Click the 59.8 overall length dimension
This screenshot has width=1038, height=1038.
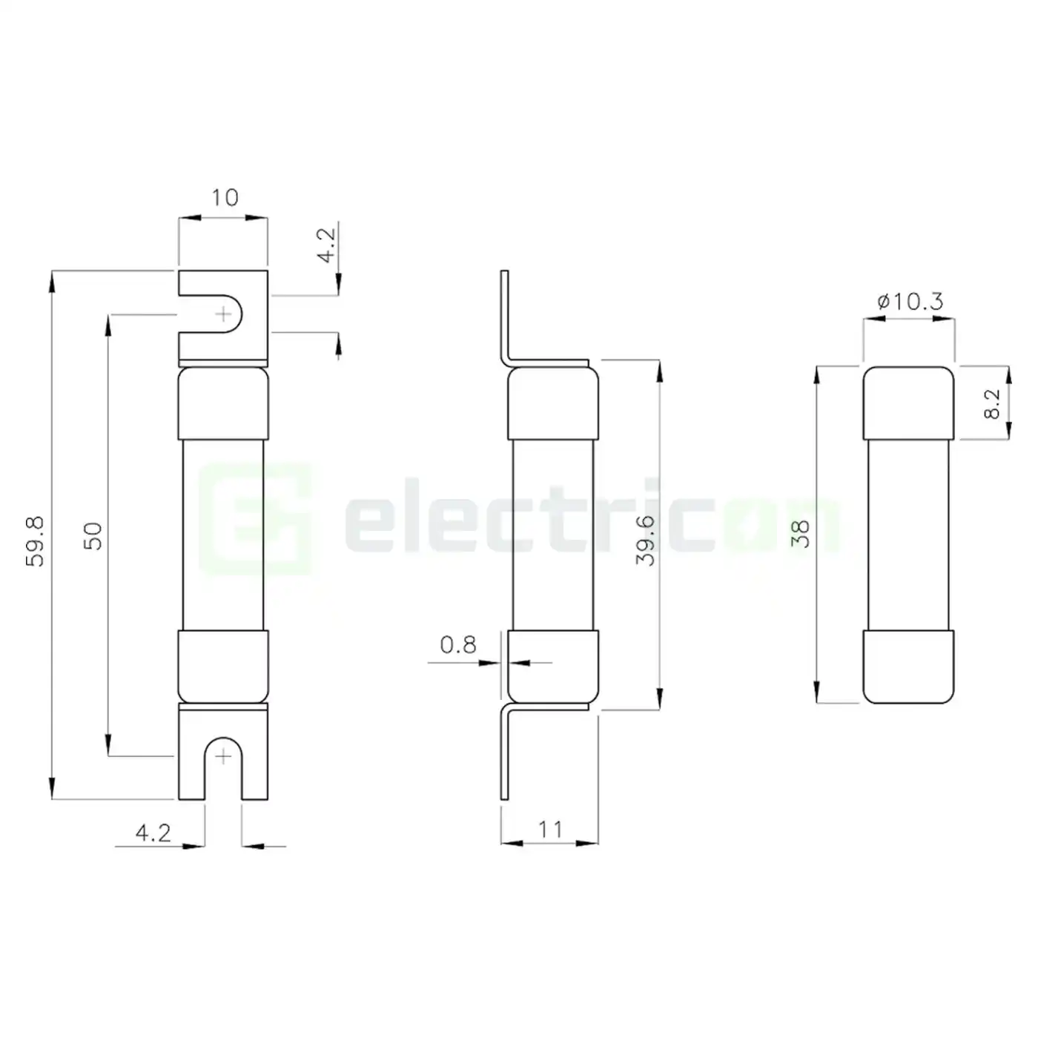pyautogui.click(x=36, y=541)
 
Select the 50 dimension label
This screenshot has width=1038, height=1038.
pyautogui.click(x=93, y=535)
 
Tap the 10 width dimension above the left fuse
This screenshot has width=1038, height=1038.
pyautogui.click(x=224, y=198)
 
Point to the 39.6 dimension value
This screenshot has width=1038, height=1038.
pyautogui.click(x=646, y=541)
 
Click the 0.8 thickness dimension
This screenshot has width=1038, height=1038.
pyautogui.click(x=458, y=645)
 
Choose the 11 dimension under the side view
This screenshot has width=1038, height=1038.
pyautogui.click(x=550, y=829)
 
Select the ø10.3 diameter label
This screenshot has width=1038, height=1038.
pyautogui.click(x=910, y=302)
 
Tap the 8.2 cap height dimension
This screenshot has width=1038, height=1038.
pyautogui.click(x=991, y=405)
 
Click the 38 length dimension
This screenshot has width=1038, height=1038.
pyautogui.click(x=800, y=534)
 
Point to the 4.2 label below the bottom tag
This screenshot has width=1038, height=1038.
pyautogui.click(x=153, y=833)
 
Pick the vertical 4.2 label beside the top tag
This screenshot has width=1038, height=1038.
pyautogui.click(x=326, y=245)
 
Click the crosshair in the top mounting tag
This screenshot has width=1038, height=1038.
pyautogui.click(x=223, y=314)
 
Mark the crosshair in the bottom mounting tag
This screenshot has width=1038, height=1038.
pyautogui.click(x=223, y=756)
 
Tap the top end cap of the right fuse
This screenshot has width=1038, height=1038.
pyautogui.click(x=908, y=403)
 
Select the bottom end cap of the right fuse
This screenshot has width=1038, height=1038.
pyautogui.click(x=908, y=666)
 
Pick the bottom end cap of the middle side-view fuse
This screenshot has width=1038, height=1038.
pyautogui.click(x=552, y=666)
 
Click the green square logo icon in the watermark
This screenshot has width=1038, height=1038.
pyautogui.click(x=256, y=519)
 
